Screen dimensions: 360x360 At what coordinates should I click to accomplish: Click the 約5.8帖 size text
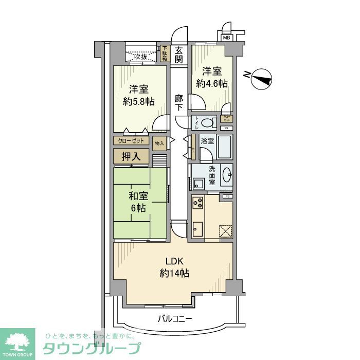(x=139, y=101)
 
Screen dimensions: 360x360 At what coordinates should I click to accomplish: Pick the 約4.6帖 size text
(x=211, y=84)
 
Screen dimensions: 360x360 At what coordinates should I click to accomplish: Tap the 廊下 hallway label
(x=178, y=102)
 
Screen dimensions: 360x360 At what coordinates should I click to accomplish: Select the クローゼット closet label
(x=131, y=140)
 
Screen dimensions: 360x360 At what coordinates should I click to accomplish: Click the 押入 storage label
(x=131, y=156)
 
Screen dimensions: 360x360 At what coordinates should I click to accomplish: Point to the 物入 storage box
(x=159, y=143)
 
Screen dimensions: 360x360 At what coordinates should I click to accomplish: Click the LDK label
(x=173, y=261)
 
